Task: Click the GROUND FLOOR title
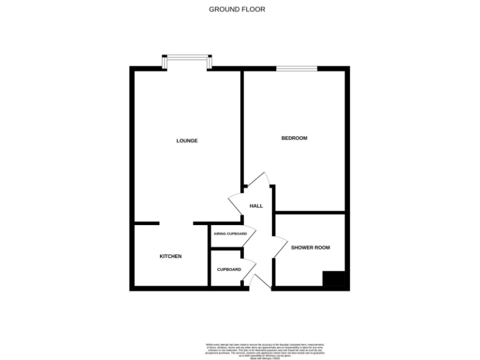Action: point(237,9)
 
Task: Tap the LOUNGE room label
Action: point(187,141)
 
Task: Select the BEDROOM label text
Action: point(294,138)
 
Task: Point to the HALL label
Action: point(256,206)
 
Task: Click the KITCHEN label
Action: point(171,256)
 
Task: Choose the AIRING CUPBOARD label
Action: point(230,234)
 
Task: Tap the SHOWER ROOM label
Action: point(310,247)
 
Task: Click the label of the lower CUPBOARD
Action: point(229,269)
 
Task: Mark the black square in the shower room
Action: point(333,279)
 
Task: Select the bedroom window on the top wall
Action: point(297,67)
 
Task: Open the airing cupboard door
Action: point(249,234)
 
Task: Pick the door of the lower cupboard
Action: point(249,269)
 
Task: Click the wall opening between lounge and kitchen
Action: point(176,224)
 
